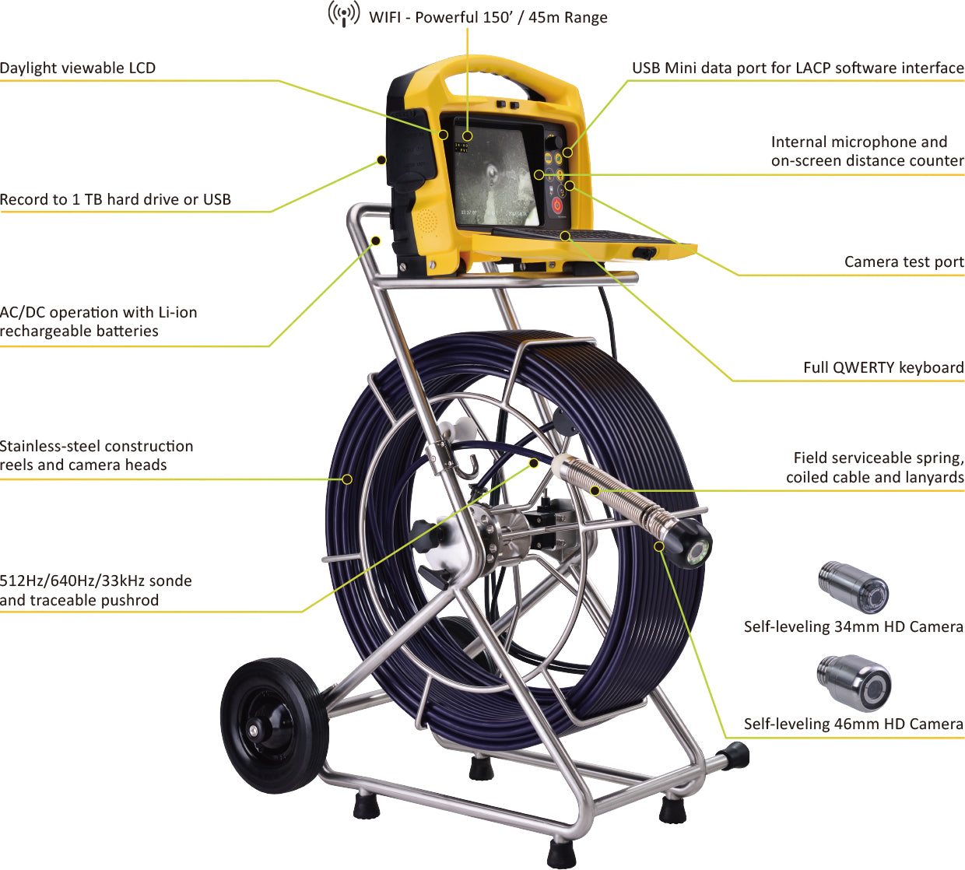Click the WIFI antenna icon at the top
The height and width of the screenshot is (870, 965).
(x=343, y=15)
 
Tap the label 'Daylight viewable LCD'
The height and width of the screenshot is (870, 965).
(x=78, y=68)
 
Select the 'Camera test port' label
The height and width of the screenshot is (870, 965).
(x=904, y=261)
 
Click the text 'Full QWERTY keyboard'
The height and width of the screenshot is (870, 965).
(x=883, y=367)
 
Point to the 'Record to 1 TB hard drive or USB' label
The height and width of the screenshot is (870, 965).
(x=115, y=199)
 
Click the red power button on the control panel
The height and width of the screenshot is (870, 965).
(x=557, y=205)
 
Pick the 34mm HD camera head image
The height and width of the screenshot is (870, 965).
(x=854, y=587)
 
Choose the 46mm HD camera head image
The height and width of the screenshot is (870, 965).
(x=854, y=682)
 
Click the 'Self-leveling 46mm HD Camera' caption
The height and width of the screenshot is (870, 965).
(x=854, y=724)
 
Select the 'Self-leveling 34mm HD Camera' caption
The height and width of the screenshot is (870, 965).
(x=854, y=626)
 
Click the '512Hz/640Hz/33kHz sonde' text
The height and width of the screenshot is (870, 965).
(x=96, y=581)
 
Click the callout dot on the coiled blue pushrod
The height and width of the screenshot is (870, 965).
(x=347, y=479)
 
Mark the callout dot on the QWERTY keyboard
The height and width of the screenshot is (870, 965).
(x=566, y=236)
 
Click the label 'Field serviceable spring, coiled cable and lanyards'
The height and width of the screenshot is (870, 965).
(x=875, y=467)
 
